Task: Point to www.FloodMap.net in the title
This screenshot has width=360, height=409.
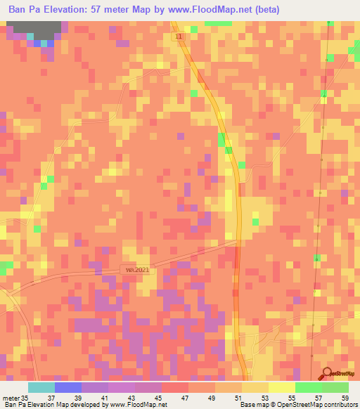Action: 215,9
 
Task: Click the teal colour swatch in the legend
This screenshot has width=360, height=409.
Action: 41,387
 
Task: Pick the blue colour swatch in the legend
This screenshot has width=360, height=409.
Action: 67,387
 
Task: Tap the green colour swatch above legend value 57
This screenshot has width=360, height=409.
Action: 308,387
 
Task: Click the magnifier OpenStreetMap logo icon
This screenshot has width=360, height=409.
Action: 327,374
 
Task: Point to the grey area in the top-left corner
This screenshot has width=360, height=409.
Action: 34,30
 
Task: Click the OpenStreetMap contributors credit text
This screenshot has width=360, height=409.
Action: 316,405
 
